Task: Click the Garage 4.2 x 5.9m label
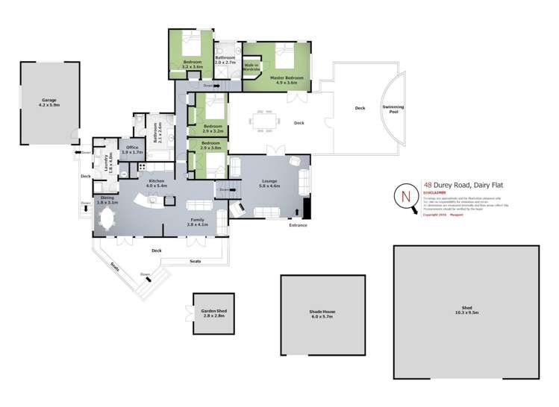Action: tap(49, 102)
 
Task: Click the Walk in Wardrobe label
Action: tap(251, 68)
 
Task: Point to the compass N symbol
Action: tap(406, 197)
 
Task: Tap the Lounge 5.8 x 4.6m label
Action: tap(268, 183)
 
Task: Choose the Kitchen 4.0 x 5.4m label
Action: tap(156, 183)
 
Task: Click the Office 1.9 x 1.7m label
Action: tap(131, 150)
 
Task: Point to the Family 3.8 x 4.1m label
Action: tap(197, 222)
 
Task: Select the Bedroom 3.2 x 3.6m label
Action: tap(193, 65)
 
